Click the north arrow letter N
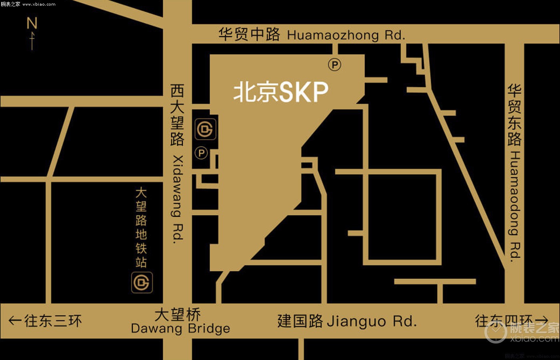click(32, 23)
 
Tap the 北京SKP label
click(281, 92)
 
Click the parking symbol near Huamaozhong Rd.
click(334, 64)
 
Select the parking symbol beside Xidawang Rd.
click(201, 153)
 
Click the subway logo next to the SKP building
click(206, 129)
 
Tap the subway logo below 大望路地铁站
click(142, 282)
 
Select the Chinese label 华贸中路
click(249, 34)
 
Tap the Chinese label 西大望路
click(177, 115)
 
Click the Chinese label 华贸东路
click(515, 115)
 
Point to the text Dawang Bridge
click(180, 329)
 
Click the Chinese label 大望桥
click(178, 315)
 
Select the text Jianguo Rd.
click(372, 321)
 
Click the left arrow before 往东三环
click(15, 320)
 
